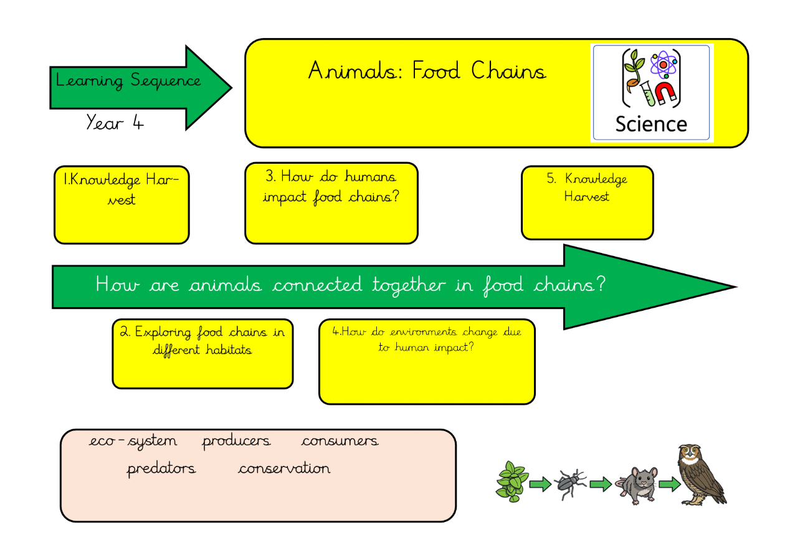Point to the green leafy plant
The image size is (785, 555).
(511, 481)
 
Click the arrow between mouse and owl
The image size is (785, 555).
(669, 484)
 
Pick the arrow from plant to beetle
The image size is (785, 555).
(540, 484)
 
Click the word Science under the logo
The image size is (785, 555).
(651, 124)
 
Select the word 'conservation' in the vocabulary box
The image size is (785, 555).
(284, 468)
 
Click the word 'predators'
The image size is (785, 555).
(161, 468)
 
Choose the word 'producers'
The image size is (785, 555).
(236, 441)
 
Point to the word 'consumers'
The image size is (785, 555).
(340, 441)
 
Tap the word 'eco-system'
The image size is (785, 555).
(133, 441)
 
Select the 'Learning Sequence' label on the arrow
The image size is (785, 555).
(128, 81)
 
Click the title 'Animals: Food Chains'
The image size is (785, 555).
(427, 71)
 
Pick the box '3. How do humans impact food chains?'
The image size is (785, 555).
(331, 203)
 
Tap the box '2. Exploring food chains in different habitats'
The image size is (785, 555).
(202, 353)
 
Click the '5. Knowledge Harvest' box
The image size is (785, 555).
(587, 202)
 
